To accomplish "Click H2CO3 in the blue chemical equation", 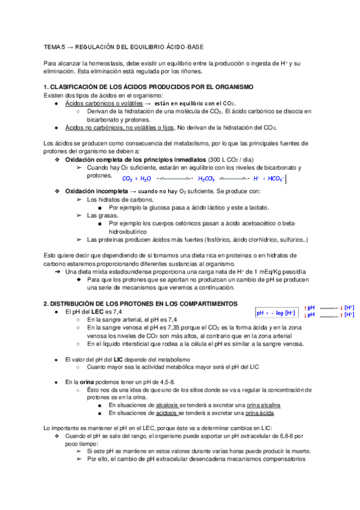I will tap(207, 179).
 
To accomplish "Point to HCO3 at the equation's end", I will tap(275, 179).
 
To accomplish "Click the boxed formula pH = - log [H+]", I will tap(276, 313).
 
